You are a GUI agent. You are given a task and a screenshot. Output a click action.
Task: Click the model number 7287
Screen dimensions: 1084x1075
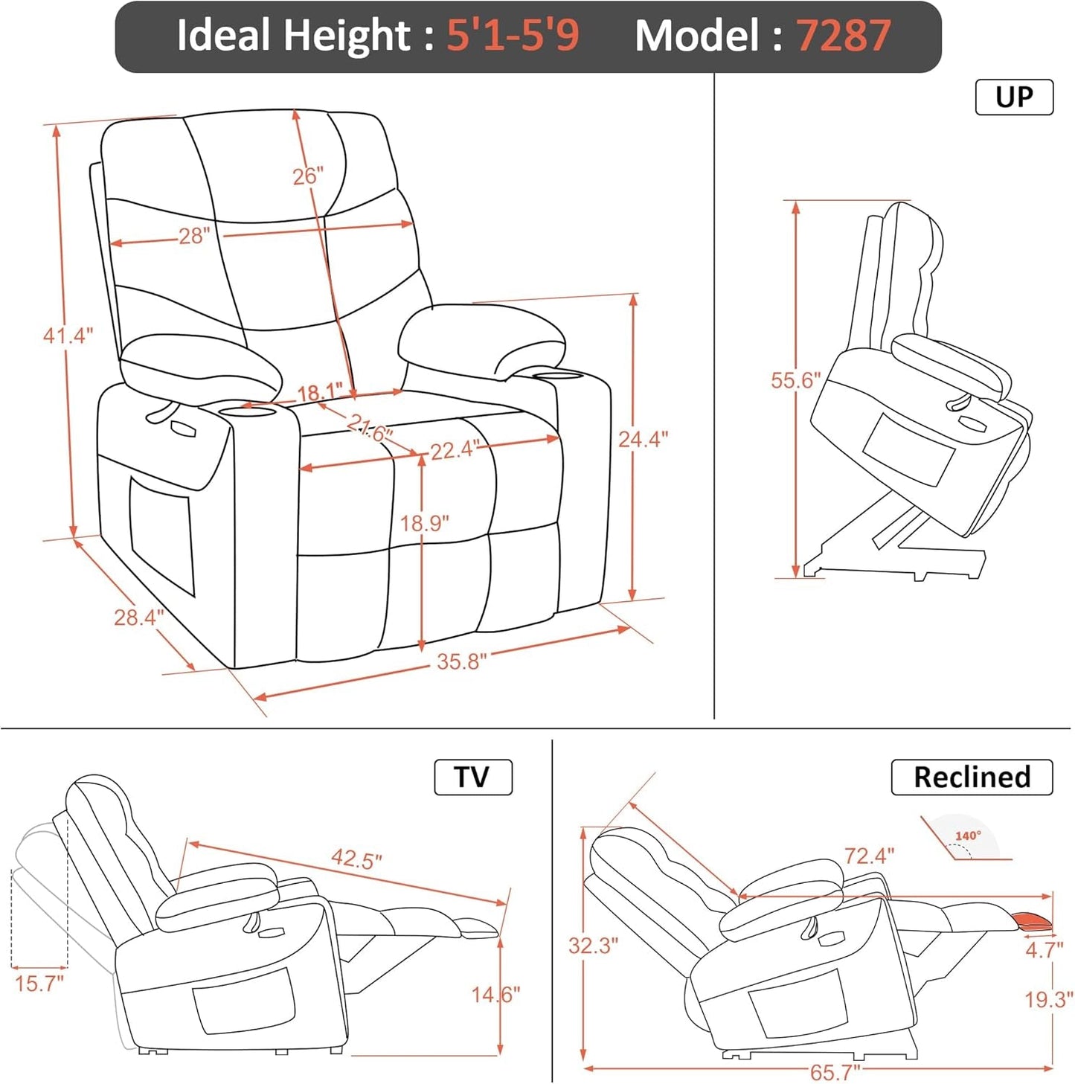(843, 35)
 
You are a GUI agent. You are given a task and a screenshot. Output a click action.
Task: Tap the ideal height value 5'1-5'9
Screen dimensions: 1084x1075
(512, 35)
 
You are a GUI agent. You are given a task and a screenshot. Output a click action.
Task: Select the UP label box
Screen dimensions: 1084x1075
(1014, 97)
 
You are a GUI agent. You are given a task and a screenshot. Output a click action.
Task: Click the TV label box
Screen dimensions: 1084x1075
(473, 777)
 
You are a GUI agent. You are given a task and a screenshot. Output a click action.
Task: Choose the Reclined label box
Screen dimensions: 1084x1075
(972, 777)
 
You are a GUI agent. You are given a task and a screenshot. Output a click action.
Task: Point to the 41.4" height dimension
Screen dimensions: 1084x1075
(68, 336)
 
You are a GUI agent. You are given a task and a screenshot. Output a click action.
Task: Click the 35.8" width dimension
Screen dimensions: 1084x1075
(461, 661)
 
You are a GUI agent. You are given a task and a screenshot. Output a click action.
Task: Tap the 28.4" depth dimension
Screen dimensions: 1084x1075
(138, 617)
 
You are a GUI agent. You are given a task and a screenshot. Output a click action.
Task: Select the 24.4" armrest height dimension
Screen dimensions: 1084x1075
(643, 439)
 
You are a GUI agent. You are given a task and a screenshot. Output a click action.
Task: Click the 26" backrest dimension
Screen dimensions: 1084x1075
(307, 176)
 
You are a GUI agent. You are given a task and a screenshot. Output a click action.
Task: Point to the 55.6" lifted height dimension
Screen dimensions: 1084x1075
(795, 380)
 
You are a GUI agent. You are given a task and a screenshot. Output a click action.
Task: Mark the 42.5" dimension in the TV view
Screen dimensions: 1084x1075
(356, 859)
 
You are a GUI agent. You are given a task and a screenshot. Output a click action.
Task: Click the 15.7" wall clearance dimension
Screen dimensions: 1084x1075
(39, 984)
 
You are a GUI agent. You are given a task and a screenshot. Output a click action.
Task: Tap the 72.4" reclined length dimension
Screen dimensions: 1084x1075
(869, 856)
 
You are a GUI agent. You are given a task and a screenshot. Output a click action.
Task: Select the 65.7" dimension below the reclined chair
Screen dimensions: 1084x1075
(835, 1072)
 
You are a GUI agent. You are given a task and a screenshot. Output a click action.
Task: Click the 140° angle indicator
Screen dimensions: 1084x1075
(968, 836)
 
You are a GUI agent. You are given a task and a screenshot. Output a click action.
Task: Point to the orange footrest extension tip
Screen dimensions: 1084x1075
(1033, 923)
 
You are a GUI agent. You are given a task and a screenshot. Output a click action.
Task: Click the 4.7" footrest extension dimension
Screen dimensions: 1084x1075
(1044, 950)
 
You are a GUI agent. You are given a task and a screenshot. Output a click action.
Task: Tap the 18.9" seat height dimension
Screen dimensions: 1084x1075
(424, 524)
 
